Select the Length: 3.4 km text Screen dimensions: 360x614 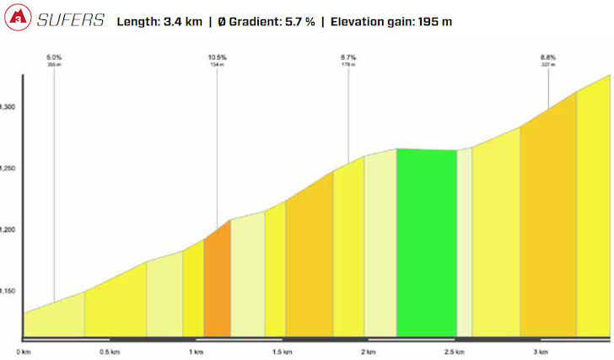click(x=163, y=20)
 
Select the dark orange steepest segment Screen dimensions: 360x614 click(x=217, y=282)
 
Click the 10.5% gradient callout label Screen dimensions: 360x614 click(x=218, y=57)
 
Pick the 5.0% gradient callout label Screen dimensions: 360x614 click(x=54, y=57)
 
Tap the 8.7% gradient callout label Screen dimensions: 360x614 click(x=348, y=57)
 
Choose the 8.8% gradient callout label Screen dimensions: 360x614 click(x=548, y=57)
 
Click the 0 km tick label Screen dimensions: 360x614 click(x=24, y=352)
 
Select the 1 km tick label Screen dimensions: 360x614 click(x=196, y=352)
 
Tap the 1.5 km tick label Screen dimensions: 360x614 click(x=282, y=352)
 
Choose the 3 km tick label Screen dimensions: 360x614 click(x=540, y=352)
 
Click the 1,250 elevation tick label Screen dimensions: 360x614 click(x=7, y=169)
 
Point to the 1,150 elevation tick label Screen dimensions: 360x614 click(x=7, y=291)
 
